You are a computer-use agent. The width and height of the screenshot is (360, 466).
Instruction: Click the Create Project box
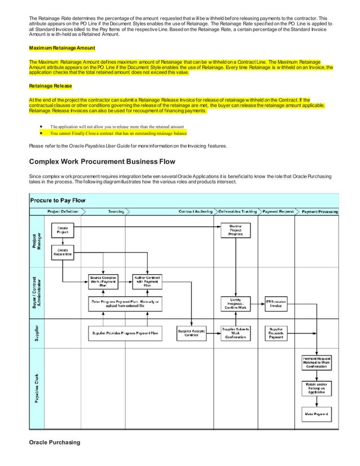(x=63, y=230)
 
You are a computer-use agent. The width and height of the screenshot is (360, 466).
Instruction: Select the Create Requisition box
(x=63, y=252)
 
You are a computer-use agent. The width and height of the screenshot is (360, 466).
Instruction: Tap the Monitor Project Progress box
(x=235, y=230)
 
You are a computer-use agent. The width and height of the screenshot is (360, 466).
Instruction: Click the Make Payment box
(x=316, y=414)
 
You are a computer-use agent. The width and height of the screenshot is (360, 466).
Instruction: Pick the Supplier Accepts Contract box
(x=191, y=333)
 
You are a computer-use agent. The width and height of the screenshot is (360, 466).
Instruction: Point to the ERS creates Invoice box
(x=276, y=303)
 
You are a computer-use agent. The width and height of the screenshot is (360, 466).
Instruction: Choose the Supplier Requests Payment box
(x=276, y=333)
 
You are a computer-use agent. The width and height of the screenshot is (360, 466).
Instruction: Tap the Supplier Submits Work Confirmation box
(x=235, y=333)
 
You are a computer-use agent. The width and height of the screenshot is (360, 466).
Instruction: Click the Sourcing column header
(x=116, y=212)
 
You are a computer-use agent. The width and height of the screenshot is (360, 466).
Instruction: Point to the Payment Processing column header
(x=320, y=212)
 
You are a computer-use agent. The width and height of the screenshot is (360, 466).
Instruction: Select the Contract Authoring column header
(x=195, y=212)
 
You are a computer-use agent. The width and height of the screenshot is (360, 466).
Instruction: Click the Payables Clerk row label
(x=37, y=389)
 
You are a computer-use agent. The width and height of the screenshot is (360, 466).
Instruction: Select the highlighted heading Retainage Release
(x=51, y=87)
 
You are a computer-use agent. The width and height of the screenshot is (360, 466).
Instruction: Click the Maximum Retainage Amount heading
(x=62, y=47)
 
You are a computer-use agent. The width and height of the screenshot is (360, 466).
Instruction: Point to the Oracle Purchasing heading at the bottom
(x=55, y=442)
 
